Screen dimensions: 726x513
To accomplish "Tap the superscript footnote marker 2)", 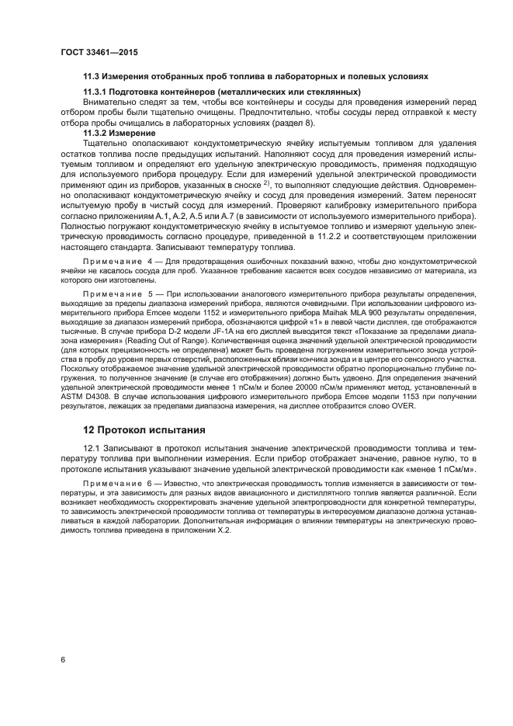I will pos(265,182).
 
